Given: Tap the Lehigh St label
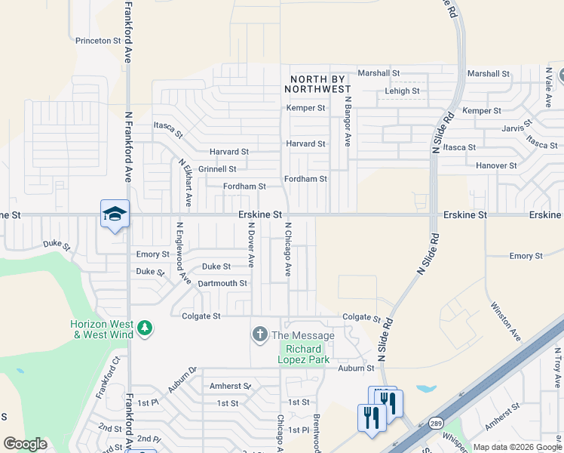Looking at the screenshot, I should [x=402, y=91].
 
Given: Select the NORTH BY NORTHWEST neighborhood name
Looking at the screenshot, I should [x=317, y=84].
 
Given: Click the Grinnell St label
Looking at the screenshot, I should [x=217, y=169].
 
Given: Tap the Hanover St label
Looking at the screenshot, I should [x=496, y=165].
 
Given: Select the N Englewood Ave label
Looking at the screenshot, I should [x=182, y=251].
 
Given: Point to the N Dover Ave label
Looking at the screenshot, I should [x=251, y=245].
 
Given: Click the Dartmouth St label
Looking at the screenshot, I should [x=222, y=283].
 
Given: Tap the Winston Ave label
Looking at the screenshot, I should [x=506, y=320].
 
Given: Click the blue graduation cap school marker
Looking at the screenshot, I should [x=115, y=214].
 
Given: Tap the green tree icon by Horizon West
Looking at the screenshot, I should [x=145, y=328].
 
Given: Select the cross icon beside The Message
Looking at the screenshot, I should [x=260, y=334].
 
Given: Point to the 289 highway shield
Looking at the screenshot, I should [x=436, y=424].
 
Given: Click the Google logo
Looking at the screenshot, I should [x=25, y=444].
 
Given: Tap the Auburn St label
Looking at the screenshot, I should [x=356, y=368].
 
